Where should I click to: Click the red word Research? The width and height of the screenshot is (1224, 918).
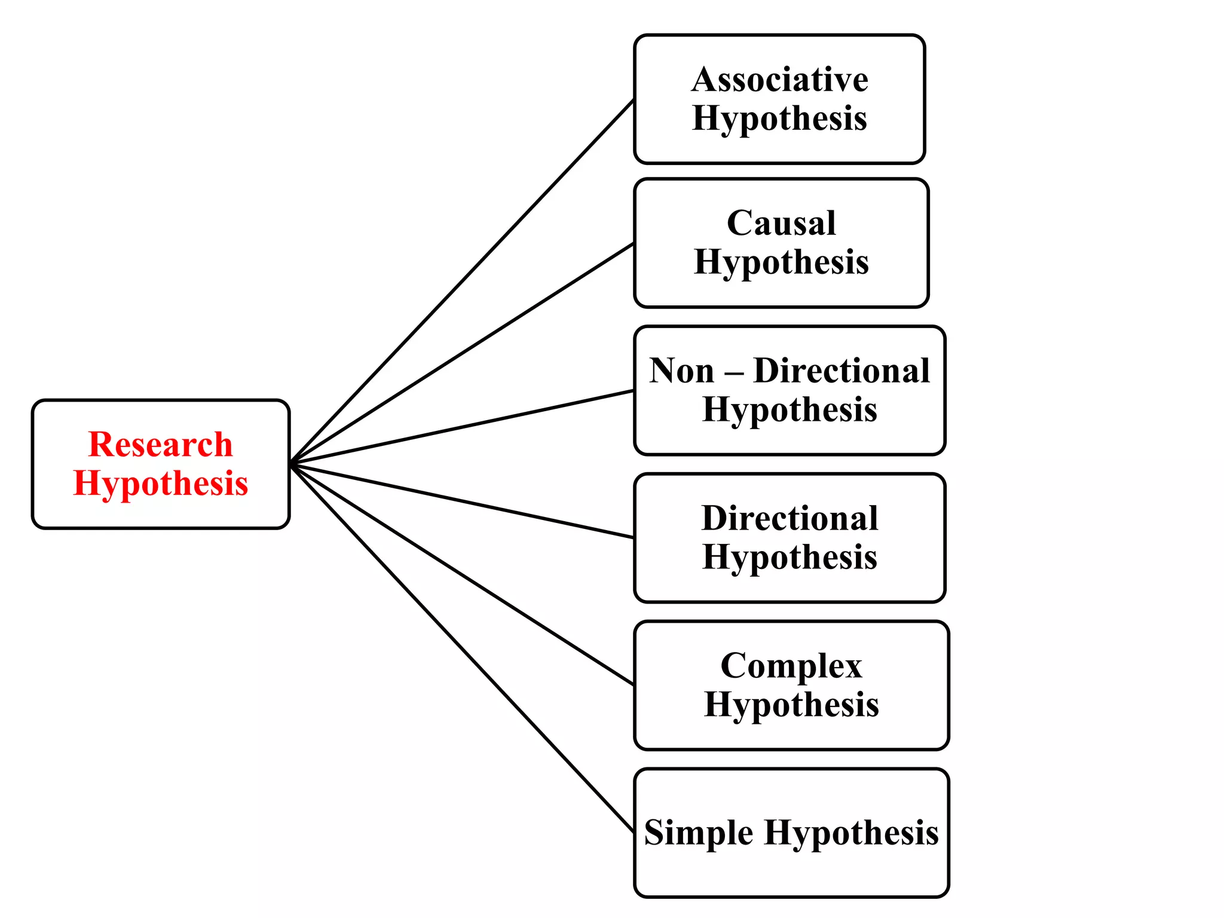(x=160, y=445)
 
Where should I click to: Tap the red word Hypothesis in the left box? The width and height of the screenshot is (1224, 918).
(x=160, y=484)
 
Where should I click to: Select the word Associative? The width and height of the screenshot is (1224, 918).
(x=779, y=79)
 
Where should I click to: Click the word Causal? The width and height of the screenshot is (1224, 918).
(x=781, y=223)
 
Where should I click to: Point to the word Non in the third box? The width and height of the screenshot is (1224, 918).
(x=681, y=371)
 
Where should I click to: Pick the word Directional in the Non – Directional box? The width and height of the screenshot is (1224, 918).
(x=841, y=371)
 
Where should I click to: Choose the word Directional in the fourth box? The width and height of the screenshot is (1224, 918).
(x=790, y=518)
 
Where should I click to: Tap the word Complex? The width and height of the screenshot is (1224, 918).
(x=791, y=666)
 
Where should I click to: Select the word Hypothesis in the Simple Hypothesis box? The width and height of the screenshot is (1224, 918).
(x=851, y=833)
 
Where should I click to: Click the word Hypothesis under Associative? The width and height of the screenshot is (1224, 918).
(x=779, y=118)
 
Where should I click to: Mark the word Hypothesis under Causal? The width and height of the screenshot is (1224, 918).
(x=781, y=262)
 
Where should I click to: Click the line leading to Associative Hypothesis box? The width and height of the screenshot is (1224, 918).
(x=461, y=281)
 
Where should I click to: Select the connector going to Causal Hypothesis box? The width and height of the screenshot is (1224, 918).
(x=461, y=353)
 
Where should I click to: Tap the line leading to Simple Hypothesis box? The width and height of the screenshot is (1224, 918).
(x=461, y=647)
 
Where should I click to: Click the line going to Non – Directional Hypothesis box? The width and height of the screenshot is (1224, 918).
(x=461, y=427)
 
